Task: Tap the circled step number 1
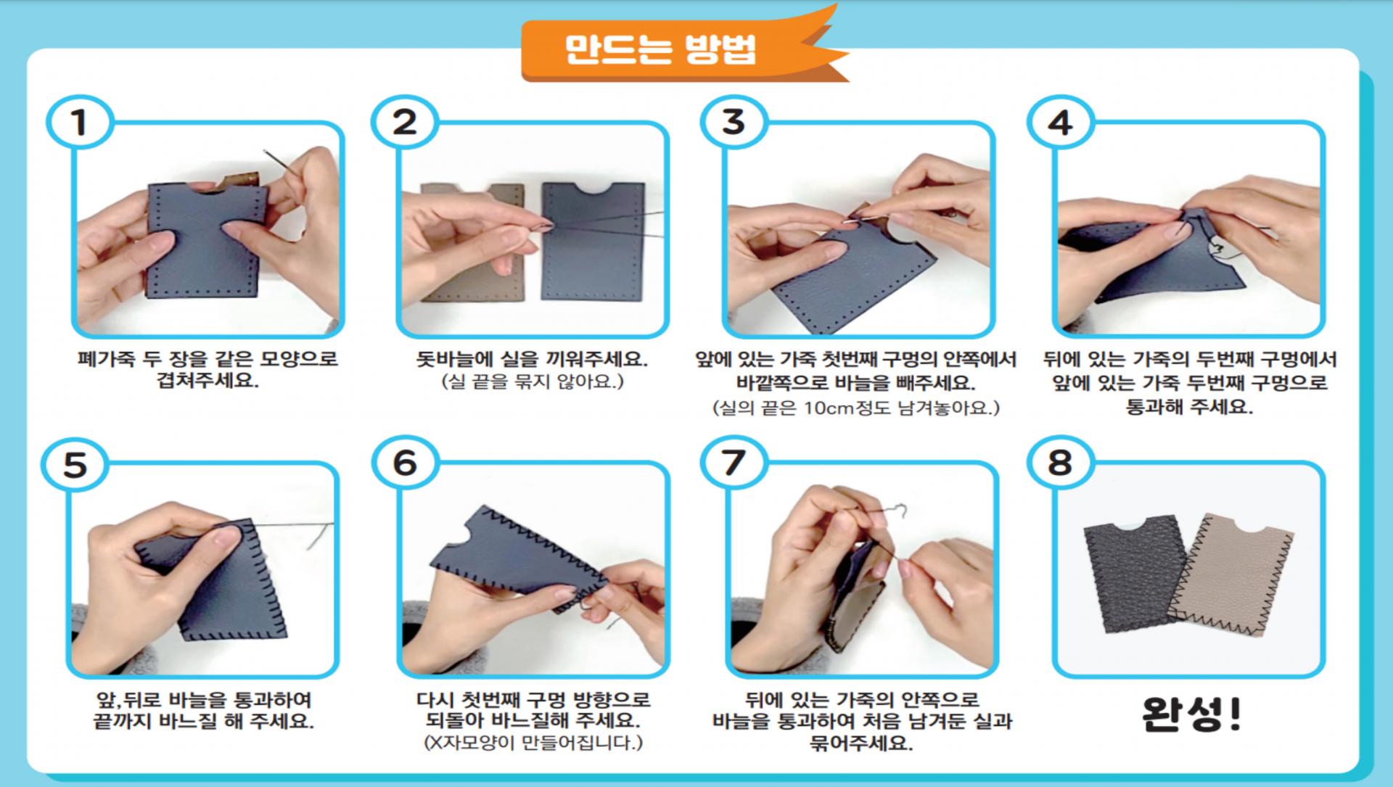tap(79, 122)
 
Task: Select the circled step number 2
tap(404, 122)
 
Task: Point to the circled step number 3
tap(734, 122)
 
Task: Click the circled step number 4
tap(1060, 122)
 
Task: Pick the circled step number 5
tap(75, 464)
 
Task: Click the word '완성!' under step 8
tap(1191, 714)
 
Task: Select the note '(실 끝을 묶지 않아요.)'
tap(533, 382)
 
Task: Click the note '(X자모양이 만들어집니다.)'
tap(533, 743)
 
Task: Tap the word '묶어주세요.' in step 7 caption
tap(861, 743)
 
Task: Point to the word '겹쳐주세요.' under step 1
tap(208, 381)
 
